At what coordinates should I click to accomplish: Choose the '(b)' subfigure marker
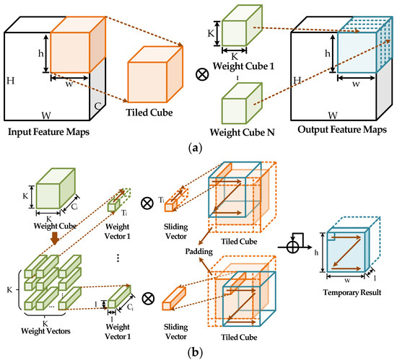point(198,351)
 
